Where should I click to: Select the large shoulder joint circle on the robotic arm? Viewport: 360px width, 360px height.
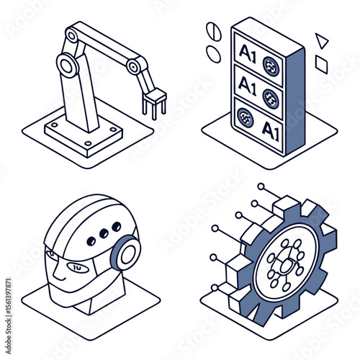click(x=67, y=68)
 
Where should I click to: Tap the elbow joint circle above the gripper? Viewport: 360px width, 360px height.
click(x=134, y=67)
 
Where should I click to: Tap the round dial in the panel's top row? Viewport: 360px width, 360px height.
click(x=271, y=66)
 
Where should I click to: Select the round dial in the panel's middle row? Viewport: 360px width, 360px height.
click(x=271, y=98)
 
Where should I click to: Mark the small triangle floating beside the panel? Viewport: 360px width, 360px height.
click(x=321, y=40)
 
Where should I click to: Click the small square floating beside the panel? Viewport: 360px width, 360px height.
click(x=321, y=65)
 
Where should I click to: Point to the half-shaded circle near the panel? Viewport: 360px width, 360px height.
click(x=212, y=31)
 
